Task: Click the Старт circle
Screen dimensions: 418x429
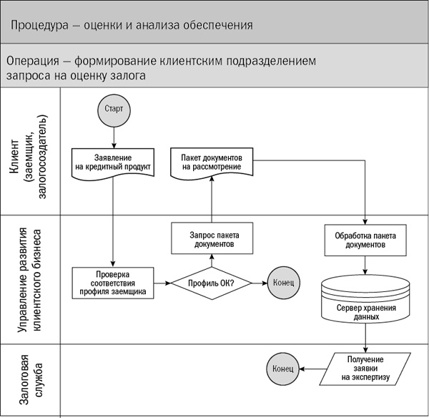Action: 112,110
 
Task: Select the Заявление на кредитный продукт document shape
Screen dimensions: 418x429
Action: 113,163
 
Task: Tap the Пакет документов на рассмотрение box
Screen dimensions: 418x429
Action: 212,162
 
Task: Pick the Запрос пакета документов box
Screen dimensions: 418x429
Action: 212,238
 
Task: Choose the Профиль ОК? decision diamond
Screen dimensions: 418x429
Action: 211,283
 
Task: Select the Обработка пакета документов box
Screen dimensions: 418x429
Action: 365,240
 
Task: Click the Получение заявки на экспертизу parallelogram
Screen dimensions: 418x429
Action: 365,368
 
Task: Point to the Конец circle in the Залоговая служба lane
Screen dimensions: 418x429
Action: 282,368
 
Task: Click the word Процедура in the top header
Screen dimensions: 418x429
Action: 36,26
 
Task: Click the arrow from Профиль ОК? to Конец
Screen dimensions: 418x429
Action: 258,283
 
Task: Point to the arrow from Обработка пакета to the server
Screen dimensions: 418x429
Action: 365,265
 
